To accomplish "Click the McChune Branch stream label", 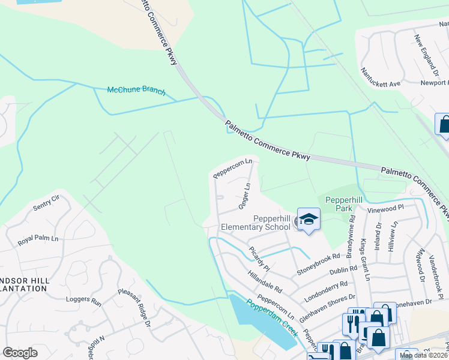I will [136, 90].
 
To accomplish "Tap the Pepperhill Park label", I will [342, 204].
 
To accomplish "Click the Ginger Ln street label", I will [244, 196].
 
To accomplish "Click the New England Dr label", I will [427, 55].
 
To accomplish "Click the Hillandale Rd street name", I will [265, 280].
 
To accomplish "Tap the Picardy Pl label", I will [262, 259].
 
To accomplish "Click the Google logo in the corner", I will [20, 353].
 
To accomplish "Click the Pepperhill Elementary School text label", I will [256, 223].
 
